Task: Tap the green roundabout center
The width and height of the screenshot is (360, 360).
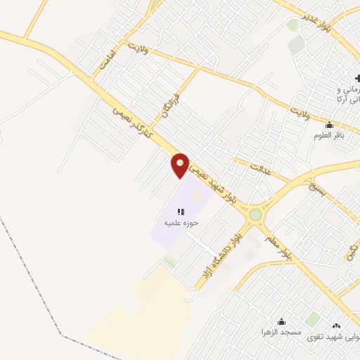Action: pyautogui.click(x=255, y=214)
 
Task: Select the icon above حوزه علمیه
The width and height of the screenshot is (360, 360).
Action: pyautogui.click(x=181, y=211)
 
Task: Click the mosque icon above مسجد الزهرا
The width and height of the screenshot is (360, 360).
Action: pyautogui.click(x=282, y=321)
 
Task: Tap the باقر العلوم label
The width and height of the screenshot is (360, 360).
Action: pyautogui.click(x=328, y=135)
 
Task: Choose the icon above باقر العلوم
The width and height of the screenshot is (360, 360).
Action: pyautogui.click(x=328, y=124)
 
